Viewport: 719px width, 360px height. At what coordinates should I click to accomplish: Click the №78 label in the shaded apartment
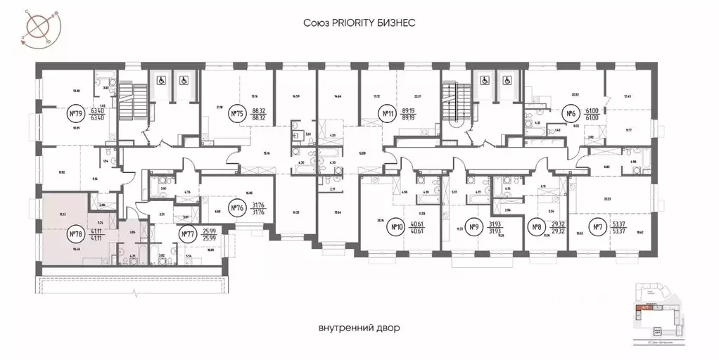coord(76,234)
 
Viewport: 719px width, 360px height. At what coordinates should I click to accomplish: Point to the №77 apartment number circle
coord(187,235)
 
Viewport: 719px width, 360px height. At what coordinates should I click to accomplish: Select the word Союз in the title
coord(317,22)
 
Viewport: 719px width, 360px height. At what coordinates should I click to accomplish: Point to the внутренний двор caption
coord(359,328)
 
